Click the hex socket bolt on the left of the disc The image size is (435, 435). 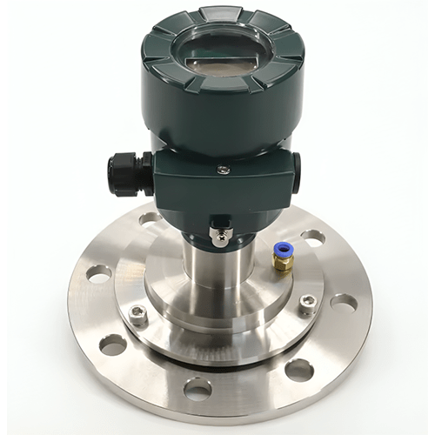pos(138,316)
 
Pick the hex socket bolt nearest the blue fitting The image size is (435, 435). pos(307,304)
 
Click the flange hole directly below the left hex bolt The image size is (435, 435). pos(113,345)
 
